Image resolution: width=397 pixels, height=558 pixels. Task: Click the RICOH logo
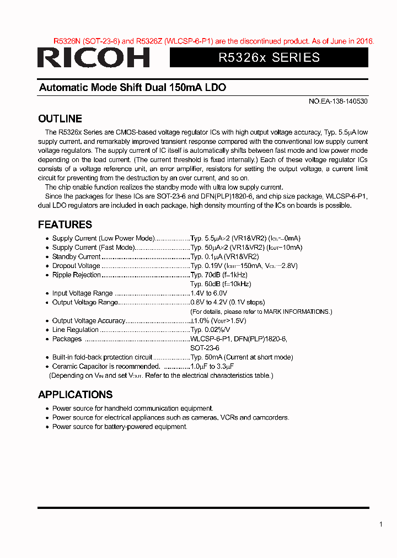coord(94,57)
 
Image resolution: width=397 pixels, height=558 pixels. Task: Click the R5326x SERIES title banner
coord(269,57)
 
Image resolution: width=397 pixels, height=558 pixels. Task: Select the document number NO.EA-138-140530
coord(337,102)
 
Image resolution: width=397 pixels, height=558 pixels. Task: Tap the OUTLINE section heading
coord(60,119)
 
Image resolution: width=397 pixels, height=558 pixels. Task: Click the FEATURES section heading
coord(65,224)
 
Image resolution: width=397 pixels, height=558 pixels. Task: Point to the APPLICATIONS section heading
coord(75,394)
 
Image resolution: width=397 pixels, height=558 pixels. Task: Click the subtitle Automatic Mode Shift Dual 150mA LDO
coord(132,88)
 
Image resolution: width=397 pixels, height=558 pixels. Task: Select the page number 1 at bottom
coord(380,524)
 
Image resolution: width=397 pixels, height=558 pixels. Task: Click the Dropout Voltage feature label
coord(76,266)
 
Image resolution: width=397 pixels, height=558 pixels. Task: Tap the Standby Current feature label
coord(76,256)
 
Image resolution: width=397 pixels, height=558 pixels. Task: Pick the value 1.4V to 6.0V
coord(208,293)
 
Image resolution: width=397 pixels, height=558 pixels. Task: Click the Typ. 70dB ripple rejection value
coord(219,275)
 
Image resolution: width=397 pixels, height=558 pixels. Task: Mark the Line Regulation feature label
coord(76,330)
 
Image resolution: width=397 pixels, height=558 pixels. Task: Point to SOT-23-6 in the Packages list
coord(205,348)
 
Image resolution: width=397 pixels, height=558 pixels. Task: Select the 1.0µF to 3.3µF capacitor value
coord(212,366)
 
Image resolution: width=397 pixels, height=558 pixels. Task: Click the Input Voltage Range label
coord(82,293)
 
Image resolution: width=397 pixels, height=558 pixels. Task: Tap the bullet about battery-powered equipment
coord(120,427)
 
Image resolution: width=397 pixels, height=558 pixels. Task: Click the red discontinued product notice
coord(214,41)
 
